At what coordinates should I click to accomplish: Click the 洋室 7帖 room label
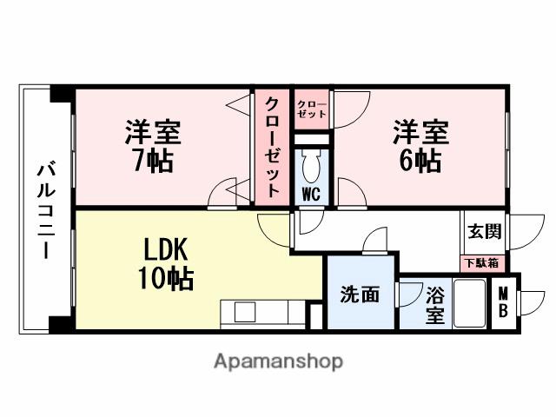tap(153, 146)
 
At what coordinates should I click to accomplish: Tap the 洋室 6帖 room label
tap(420, 146)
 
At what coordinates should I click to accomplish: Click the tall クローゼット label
tap(273, 148)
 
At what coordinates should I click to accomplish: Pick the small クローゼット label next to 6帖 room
tap(312, 108)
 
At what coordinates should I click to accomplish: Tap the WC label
tap(312, 193)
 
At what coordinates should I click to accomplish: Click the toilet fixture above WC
tap(312, 163)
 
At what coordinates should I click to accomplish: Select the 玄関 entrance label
tap(483, 232)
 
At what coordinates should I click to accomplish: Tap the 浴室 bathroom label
tap(435, 304)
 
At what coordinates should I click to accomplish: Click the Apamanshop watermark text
tap(278, 361)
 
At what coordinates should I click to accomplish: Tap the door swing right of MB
tap(531, 303)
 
